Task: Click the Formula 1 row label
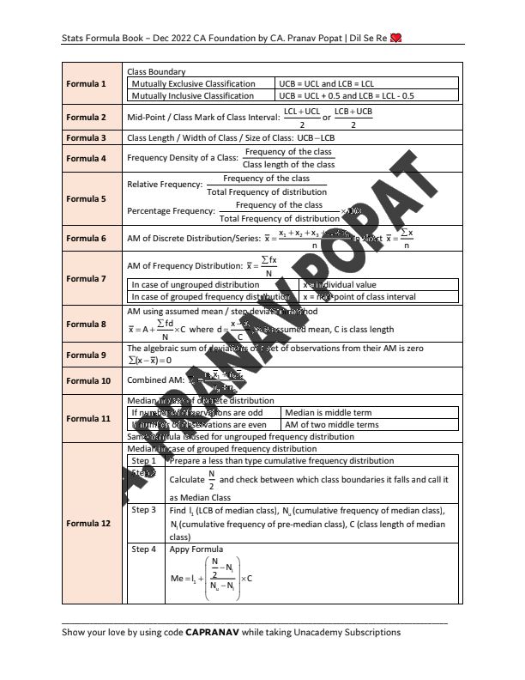pos(87,84)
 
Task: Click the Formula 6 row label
pos(87,238)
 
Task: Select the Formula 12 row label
pos(87,523)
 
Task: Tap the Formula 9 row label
pos(87,355)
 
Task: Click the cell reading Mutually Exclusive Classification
pos(193,83)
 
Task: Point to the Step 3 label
pos(144,509)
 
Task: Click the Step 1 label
pos(144,461)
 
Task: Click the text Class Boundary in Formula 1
pos(156,71)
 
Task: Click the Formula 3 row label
pos(87,137)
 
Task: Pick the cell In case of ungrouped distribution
pos(195,284)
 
